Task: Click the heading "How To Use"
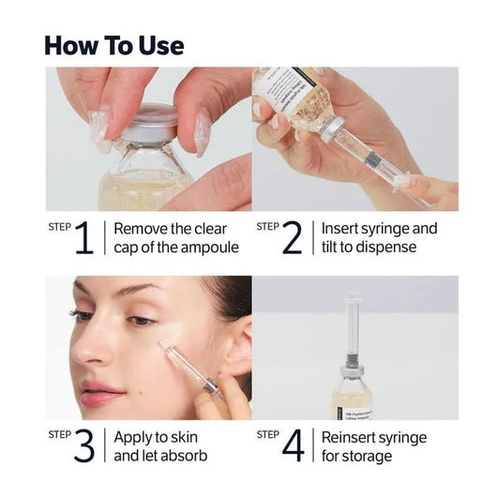(113, 44)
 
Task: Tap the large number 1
(84, 239)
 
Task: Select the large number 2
(292, 239)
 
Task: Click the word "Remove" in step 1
(141, 228)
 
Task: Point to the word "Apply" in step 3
(134, 437)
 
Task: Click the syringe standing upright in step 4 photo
(353, 324)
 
